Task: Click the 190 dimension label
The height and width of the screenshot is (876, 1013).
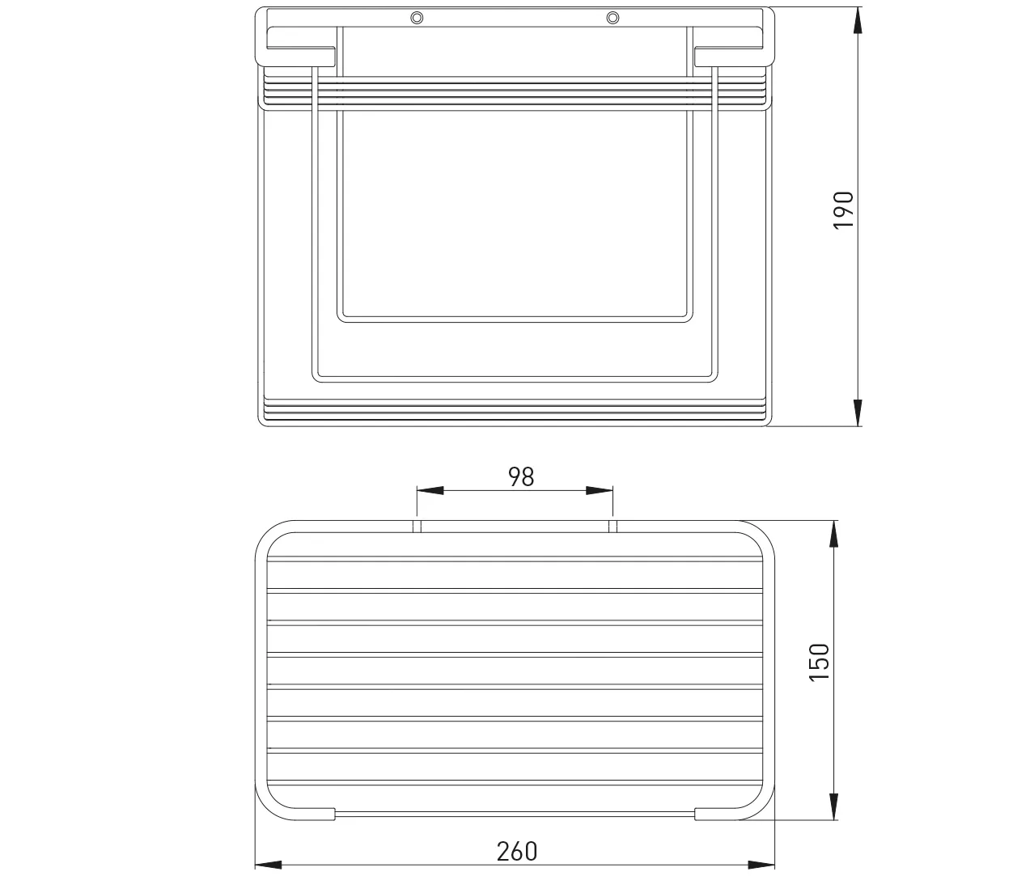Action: pyautogui.click(x=843, y=209)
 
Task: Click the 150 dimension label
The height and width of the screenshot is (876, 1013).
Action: pyautogui.click(x=819, y=662)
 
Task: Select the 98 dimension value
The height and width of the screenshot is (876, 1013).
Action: pyautogui.click(x=521, y=476)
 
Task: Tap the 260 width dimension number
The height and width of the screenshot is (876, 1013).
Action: pyautogui.click(x=517, y=852)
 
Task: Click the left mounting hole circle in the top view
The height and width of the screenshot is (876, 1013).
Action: pyautogui.click(x=417, y=18)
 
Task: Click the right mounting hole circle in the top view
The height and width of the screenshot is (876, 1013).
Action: pyautogui.click(x=612, y=18)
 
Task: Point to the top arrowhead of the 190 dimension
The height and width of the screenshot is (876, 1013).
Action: pyautogui.click(x=858, y=20)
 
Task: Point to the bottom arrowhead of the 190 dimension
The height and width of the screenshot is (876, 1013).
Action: pyautogui.click(x=858, y=413)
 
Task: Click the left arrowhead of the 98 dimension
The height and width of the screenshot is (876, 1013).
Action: pyautogui.click(x=430, y=490)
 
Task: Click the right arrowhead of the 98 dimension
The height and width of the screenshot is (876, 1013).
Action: pyautogui.click(x=600, y=490)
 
